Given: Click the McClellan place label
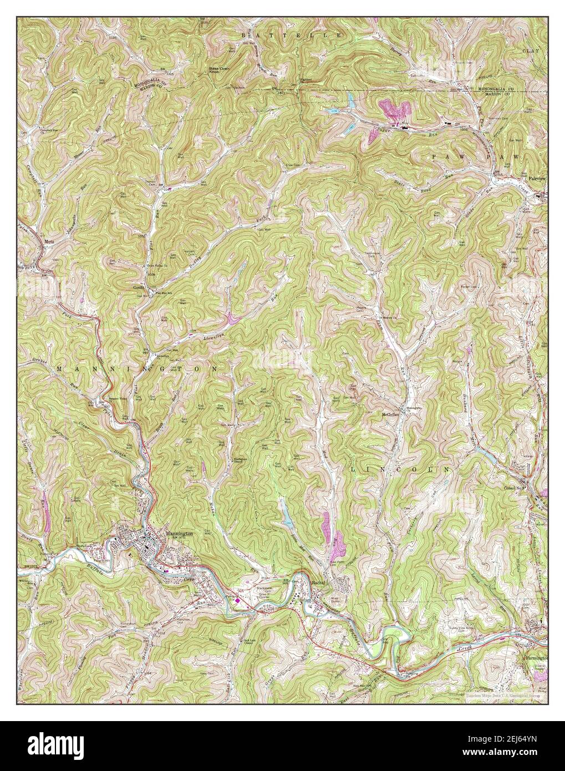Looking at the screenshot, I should [x=390, y=414].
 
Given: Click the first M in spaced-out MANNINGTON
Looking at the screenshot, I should [x=59, y=368].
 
